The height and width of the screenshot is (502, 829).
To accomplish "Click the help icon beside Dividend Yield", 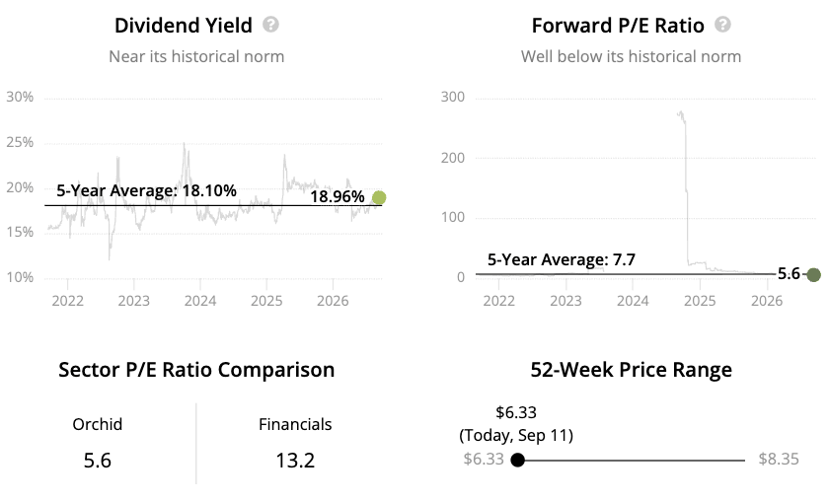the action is [270, 25].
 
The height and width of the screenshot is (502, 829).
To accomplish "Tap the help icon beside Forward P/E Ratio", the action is [722, 25].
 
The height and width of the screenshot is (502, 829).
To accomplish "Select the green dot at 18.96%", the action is [379, 197].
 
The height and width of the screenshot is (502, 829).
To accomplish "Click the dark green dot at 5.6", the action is [813, 275].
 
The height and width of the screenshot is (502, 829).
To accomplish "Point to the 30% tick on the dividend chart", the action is [20, 98].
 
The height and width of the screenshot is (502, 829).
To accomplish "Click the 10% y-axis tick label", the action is [20, 277].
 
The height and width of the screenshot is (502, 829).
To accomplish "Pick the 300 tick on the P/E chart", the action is [453, 98].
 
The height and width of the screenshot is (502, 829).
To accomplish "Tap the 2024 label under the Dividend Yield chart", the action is [199, 301].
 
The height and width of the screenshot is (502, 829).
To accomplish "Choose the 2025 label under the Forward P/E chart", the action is [700, 301].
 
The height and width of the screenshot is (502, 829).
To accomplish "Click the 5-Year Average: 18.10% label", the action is [146, 190].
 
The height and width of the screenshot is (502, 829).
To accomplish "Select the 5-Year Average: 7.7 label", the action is [561, 260].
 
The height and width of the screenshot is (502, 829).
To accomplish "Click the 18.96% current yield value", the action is [338, 197].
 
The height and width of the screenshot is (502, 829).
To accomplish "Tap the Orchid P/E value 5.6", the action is [98, 461].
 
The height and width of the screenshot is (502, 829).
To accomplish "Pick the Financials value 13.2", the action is [295, 461].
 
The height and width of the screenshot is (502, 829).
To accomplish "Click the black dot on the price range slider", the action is [517, 461].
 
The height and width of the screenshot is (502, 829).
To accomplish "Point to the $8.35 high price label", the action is [779, 460].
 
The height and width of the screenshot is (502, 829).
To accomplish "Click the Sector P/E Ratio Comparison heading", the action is [196, 370].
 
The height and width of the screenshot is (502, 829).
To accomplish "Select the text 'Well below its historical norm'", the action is [631, 56].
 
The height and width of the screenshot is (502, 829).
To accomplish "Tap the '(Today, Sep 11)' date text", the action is [516, 435].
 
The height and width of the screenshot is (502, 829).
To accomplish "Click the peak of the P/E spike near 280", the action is [680, 112].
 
